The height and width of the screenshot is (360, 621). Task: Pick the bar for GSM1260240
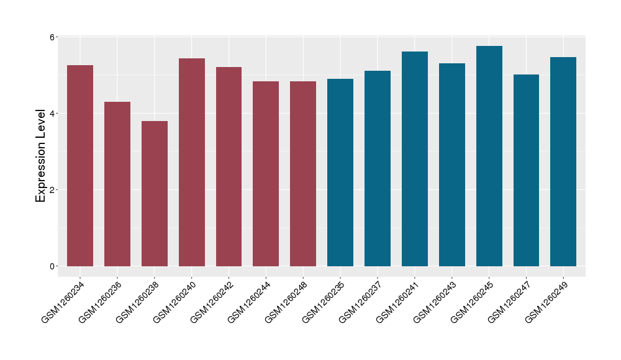(x=192, y=162)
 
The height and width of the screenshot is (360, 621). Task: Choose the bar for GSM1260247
(x=526, y=170)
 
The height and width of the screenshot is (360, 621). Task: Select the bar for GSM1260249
(x=563, y=161)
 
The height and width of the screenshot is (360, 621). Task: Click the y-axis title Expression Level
(x=41, y=155)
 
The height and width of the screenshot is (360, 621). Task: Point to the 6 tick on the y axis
(x=53, y=37)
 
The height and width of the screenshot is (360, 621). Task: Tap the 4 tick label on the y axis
(x=53, y=114)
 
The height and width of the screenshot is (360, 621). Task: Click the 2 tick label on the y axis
(x=53, y=190)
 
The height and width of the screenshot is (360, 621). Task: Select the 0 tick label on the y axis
(x=53, y=266)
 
